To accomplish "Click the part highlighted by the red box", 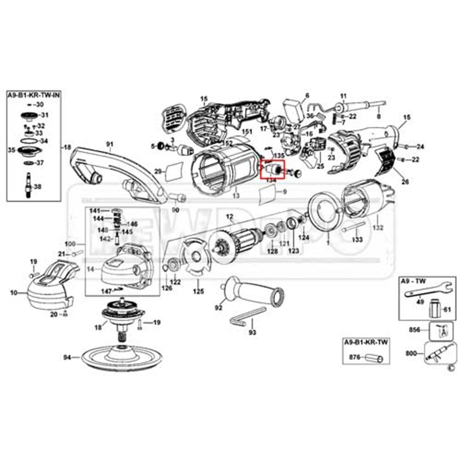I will [272, 169].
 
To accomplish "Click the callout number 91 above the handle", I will [109, 143].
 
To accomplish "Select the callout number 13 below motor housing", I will [236, 196].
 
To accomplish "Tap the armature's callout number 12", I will [230, 217].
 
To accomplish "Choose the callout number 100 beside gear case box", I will [70, 244].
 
